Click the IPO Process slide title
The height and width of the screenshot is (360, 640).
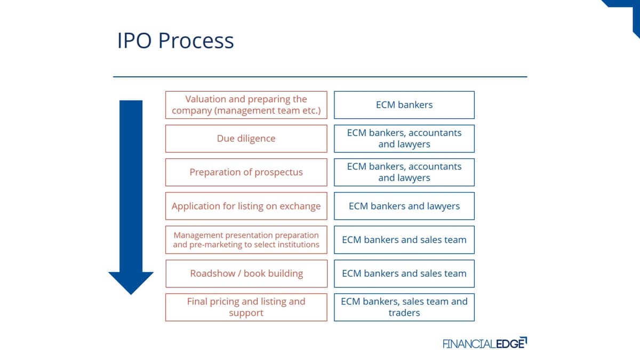[175, 41]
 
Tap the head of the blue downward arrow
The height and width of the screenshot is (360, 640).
[131, 283]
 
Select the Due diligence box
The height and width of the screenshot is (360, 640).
[246, 139]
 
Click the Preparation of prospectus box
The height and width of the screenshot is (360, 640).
[246, 172]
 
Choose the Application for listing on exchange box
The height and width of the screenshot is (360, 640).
[246, 206]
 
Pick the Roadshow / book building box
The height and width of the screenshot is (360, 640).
[246, 274]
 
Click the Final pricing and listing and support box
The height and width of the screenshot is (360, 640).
[246, 307]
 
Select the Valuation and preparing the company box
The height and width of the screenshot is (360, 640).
[246, 105]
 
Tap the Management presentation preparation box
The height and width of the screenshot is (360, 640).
[246, 239]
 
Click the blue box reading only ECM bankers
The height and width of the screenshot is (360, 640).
[404, 105]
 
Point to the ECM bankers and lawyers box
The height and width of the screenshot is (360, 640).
[404, 206]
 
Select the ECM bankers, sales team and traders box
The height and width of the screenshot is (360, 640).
[404, 307]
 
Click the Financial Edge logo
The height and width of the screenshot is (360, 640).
[485, 343]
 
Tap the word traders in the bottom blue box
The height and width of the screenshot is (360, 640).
[404, 313]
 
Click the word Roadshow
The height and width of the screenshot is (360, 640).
[213, 274]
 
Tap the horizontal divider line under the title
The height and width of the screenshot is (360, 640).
[320, 77]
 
